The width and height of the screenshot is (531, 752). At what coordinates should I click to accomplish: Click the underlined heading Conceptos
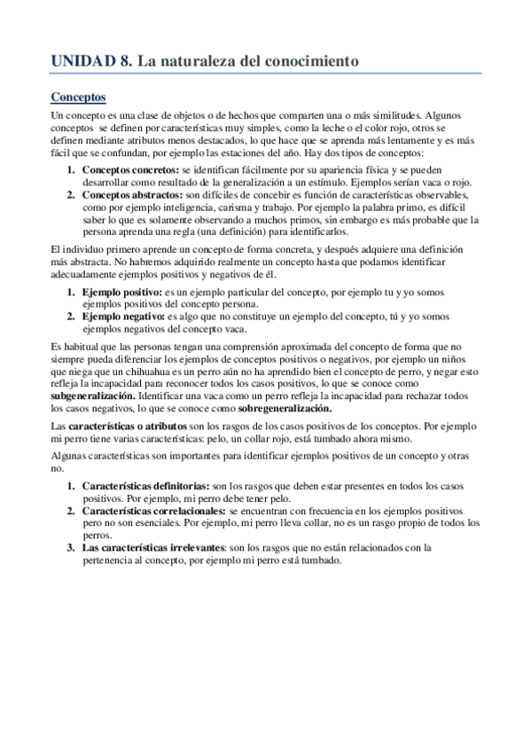(x=78, y=96)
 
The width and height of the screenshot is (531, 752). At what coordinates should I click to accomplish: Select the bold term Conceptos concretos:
(x=129, y=168)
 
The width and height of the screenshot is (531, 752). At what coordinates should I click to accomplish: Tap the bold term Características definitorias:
(x=145, y=487)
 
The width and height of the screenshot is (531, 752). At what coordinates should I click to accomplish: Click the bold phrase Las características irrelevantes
(x=154, y=547)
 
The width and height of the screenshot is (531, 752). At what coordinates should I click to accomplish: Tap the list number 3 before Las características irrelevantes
(x=71, y=547)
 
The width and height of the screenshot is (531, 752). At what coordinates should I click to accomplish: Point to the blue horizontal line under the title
(x=265, y=73)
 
